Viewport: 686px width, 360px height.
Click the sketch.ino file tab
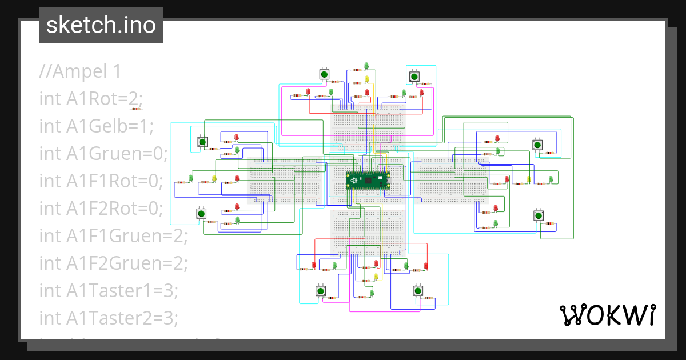click(101, 25)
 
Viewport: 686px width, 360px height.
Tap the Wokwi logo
click(607, 315)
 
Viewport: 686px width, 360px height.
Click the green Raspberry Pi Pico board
click(368, 181)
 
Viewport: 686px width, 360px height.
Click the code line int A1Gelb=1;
click(96, 126)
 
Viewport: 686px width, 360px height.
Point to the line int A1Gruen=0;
click(104, 154)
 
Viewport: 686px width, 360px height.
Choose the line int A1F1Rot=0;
click(101, 181)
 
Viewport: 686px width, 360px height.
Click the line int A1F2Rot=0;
click(101, 209)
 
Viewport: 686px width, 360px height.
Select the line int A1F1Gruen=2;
click(113, 236)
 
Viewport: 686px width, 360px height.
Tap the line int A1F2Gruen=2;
click(113, 263)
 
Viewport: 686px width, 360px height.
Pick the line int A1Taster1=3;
click(109, 291)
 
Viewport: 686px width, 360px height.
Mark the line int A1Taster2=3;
click(109, 318)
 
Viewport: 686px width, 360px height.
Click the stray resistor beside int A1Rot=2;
click(137, 107)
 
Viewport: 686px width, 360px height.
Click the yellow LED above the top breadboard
click(367, 79)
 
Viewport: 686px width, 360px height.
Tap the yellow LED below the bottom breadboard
click(376, 277)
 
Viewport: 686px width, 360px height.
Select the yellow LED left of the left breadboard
click(214, 178)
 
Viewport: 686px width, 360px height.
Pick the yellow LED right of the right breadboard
click(528, 179)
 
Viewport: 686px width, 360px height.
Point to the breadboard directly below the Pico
click(368, 231)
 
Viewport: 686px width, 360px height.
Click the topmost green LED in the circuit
click(368, 66)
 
